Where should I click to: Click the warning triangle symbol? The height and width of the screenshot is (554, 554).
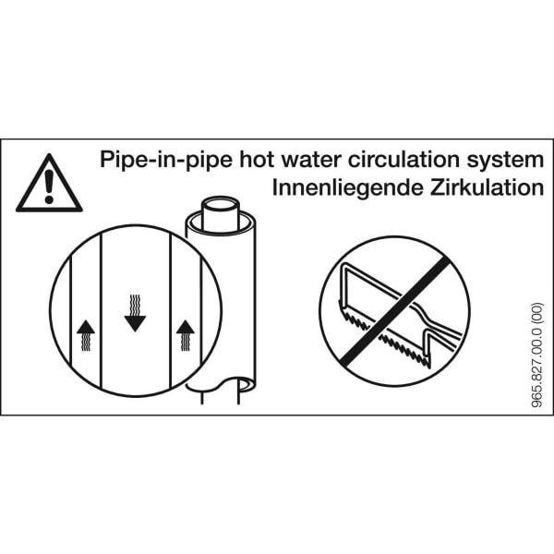tap(49, 185)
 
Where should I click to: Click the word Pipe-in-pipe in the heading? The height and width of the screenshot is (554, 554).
tap(166, 160)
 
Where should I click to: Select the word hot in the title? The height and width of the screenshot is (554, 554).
tap(257, 160)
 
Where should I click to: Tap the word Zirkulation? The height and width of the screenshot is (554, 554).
tap(487, 187)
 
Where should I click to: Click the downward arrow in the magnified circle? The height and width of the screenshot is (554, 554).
tap(136, 313)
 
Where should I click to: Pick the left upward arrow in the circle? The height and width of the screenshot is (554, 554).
tap(86, 335)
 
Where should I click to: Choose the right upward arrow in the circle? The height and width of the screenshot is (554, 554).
tap(186, 335)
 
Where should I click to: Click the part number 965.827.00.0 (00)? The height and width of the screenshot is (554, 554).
tap(536, 355)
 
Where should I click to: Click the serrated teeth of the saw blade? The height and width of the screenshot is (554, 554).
tap(385, 336)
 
